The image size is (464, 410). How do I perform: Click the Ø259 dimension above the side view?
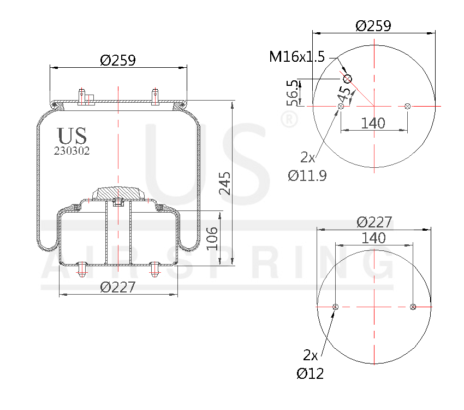click(x=118, y=60)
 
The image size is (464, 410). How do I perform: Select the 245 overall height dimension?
click(x=225, y=183)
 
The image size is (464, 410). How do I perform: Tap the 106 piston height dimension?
click(x=212, y=238)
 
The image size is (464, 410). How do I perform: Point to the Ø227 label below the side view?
click(x=117, y=287)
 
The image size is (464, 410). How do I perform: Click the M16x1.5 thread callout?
click(x=297, y=56)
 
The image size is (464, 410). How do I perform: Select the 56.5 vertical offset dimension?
click(x=293, y=93)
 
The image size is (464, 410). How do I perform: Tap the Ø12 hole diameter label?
click(x=310, y=373)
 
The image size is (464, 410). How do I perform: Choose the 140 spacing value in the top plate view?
click(x=373, y=123)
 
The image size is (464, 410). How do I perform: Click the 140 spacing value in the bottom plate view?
click(x=373, y=238)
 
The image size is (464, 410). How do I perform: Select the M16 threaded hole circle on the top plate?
click(x=347, y=79)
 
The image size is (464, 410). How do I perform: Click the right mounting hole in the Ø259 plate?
click(x=407, y=106)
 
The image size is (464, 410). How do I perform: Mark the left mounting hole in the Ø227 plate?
click(x=335, y=307)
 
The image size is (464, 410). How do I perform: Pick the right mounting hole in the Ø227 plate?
click(x=413, y=307)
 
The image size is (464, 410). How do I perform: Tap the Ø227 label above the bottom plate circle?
click(x=374, y=222)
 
